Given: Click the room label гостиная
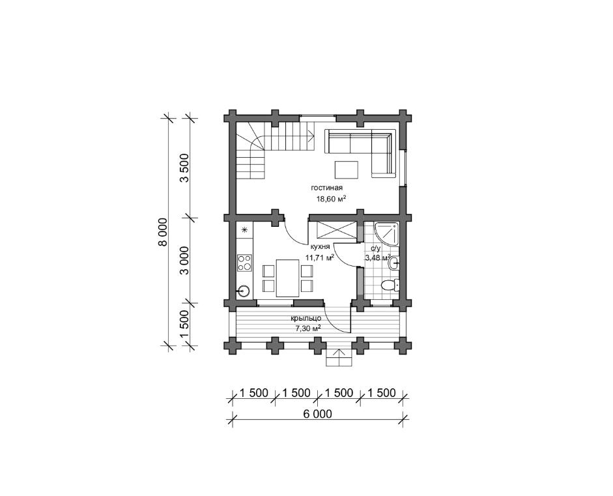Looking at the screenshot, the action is click(x=327, y=188).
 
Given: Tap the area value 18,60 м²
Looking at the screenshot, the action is click(x=332, y=199).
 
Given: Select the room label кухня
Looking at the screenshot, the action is click(x=321, y=247).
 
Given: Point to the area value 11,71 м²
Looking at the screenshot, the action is click(x=320, y=257).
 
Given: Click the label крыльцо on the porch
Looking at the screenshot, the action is click(x=306, y=319).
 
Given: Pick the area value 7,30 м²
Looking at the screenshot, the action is click(x=309, y=328).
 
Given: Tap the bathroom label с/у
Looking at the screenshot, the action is click(x=375, y=248).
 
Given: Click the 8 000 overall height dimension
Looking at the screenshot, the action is click(x=163, y=232).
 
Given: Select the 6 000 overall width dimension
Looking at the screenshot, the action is click(x=317, y=414).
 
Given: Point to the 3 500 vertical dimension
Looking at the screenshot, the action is click(x=184, y=168).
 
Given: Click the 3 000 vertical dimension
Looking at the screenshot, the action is click(x=184, y=261).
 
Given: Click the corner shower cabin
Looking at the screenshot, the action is click(x=386, y=234).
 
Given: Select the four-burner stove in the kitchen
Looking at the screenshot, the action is click(x=245, y=263).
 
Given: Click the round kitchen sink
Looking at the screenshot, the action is click(x=244, y=291).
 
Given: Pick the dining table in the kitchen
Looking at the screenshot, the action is click(x=288, y=278).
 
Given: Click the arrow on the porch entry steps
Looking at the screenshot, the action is click(x=339, y=354).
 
